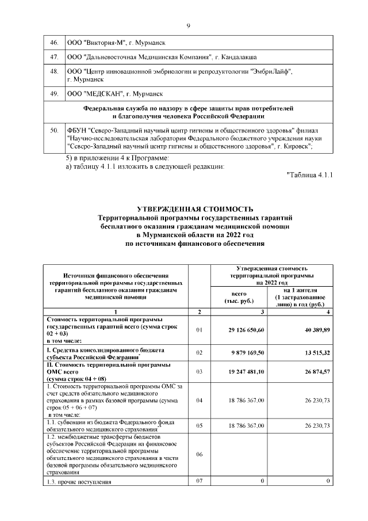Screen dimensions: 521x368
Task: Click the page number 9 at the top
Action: [x=188, y=25]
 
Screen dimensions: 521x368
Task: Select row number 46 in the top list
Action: [x=55, y=43]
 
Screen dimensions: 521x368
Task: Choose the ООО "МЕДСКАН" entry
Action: [x=115, y=93]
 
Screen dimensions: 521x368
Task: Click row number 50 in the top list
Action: [x=55, y=131]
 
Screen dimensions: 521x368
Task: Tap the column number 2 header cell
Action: [x=200, y=311]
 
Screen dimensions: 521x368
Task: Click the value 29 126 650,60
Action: [x=244, y=330]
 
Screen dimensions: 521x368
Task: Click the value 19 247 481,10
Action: [x=244, y=372]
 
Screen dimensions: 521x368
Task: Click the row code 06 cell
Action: [x=200, y=454]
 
